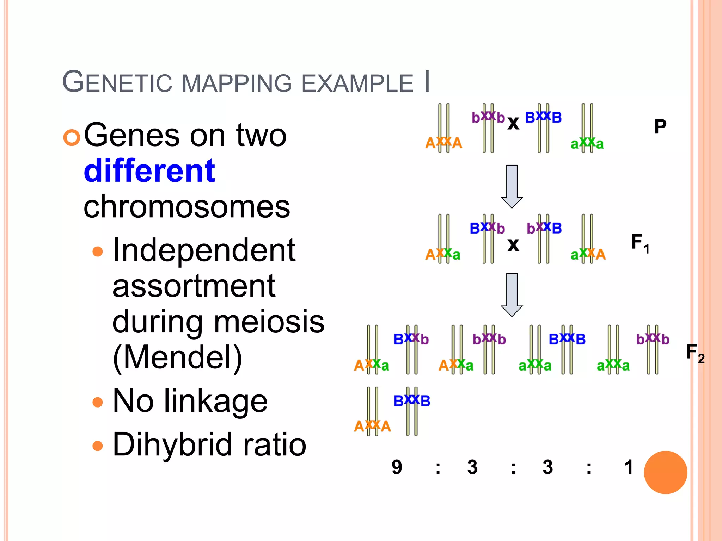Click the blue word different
[x=149, y=171]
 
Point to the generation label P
[x=660, y=127]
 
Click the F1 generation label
[x=640, y=243]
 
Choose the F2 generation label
[x=695, y=353]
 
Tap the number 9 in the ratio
[x=397, y=467]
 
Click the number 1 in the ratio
[x=629, y=467]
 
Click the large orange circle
[x=665, y=472]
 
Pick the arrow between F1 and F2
[x=512, y=294]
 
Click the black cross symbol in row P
[x=513, y=123]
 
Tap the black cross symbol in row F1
[x=513, y=245]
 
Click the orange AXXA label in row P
[x=443, y=143]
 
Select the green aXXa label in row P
[x=587, y=143]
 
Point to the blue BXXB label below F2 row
[x=412, y=401]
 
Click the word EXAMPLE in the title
[x=357, y=84]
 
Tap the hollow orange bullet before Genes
[x=72, y=138]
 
